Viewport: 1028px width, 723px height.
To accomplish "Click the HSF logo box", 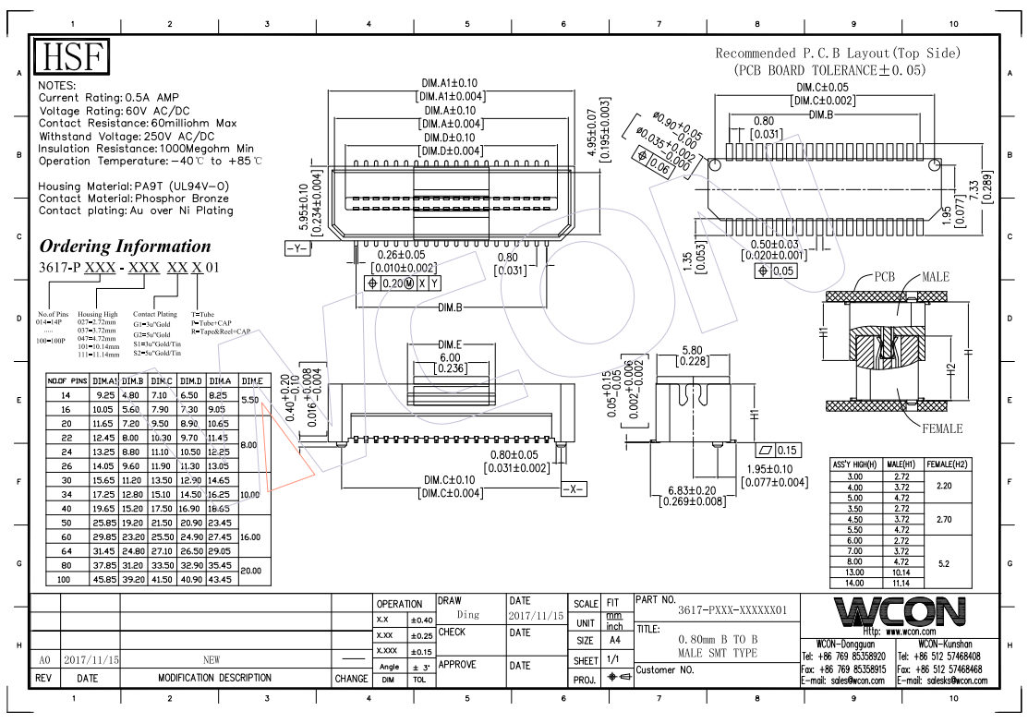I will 71,57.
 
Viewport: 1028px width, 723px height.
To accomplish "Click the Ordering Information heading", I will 125,247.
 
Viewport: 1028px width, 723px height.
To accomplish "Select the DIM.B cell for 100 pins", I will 132,579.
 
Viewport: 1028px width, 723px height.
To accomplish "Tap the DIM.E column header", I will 251,380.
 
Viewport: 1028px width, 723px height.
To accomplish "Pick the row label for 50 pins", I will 67,522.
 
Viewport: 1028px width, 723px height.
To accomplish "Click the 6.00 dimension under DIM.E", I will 449,357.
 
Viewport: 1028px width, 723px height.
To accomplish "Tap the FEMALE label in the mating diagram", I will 942,428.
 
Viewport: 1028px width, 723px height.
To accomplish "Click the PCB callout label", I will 885,277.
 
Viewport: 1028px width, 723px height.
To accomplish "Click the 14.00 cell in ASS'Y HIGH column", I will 854,584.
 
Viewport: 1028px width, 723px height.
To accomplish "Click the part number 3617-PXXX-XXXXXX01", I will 732,611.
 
